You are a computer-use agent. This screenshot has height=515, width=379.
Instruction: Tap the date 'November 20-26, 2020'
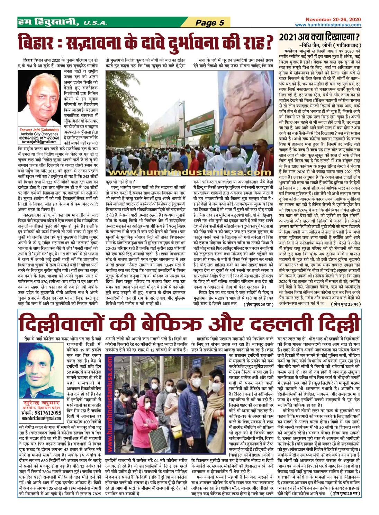point(333,19)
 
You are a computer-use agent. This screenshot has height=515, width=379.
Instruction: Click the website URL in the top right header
point(327,25)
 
